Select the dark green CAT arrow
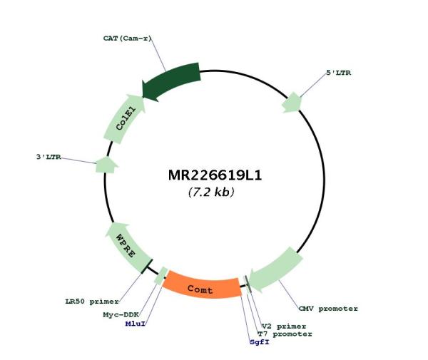172,81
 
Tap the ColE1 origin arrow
125,119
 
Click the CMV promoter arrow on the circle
275,269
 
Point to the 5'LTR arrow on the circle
292,102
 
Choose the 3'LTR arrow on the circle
106,165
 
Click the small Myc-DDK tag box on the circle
161,276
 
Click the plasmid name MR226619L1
215,175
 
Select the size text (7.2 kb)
211,192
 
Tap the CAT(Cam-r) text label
127,38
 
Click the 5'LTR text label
338,73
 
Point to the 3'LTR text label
49,157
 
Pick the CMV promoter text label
328,309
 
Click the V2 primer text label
284,326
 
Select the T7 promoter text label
285,334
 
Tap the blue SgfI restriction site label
260,341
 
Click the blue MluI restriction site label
136,324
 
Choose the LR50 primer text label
92,302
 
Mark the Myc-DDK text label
121,314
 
